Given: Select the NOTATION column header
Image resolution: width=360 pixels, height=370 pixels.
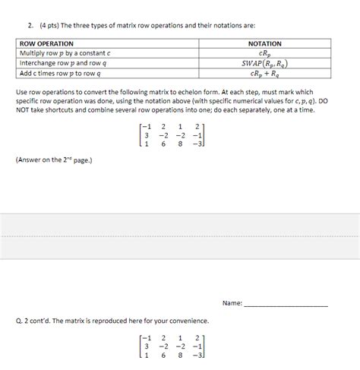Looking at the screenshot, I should [x=264, y=43].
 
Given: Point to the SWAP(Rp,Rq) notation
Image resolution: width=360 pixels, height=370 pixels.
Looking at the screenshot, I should [x=264, y=63].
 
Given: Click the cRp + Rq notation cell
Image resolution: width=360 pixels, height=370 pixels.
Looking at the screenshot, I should [x=264, y=73].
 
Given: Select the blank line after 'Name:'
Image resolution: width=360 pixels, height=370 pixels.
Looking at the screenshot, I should [x=286, y=303].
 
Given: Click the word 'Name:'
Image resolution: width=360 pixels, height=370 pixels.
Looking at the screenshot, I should [x=232, y=302].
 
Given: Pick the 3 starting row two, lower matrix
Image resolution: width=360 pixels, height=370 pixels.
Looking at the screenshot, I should [x=147, y=345].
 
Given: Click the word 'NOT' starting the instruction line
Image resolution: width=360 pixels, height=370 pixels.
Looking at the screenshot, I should [x=24, y=109].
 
